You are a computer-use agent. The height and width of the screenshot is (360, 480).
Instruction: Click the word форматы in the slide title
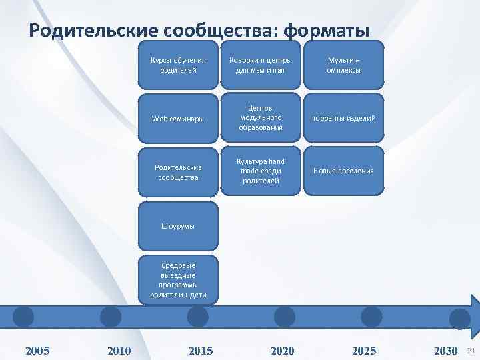point(326,31)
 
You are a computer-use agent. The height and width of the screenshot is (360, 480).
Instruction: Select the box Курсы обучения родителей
point(178,65)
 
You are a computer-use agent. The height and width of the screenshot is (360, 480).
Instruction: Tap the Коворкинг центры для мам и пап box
point(261,65)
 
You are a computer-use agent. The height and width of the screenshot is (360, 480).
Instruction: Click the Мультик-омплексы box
point(344,65)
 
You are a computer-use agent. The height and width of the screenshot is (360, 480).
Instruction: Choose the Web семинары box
point(178,118)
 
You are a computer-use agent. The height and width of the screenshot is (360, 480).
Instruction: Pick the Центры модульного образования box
point(261,118)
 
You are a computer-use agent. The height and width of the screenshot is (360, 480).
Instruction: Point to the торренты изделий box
point(344,118)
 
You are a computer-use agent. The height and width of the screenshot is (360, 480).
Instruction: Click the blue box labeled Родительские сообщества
point(178,171)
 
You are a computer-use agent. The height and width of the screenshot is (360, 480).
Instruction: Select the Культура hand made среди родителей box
point(261,171)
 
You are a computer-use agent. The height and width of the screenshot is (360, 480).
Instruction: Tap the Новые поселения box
point(344,171)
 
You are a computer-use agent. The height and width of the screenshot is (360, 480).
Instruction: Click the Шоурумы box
point(178,226)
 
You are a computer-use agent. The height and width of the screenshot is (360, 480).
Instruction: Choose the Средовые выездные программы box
point(178,279)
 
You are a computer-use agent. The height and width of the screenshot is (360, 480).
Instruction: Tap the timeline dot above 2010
point(111,317)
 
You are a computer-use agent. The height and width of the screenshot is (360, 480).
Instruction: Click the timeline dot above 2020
point(284,317)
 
